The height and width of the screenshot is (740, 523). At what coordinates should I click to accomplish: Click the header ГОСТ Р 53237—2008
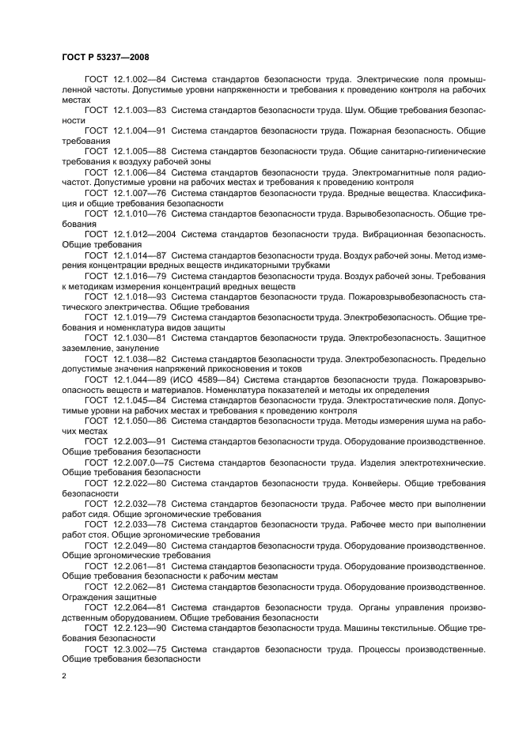pos(105,58)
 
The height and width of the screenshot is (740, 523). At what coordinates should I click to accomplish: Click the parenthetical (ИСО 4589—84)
pos(209,380)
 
